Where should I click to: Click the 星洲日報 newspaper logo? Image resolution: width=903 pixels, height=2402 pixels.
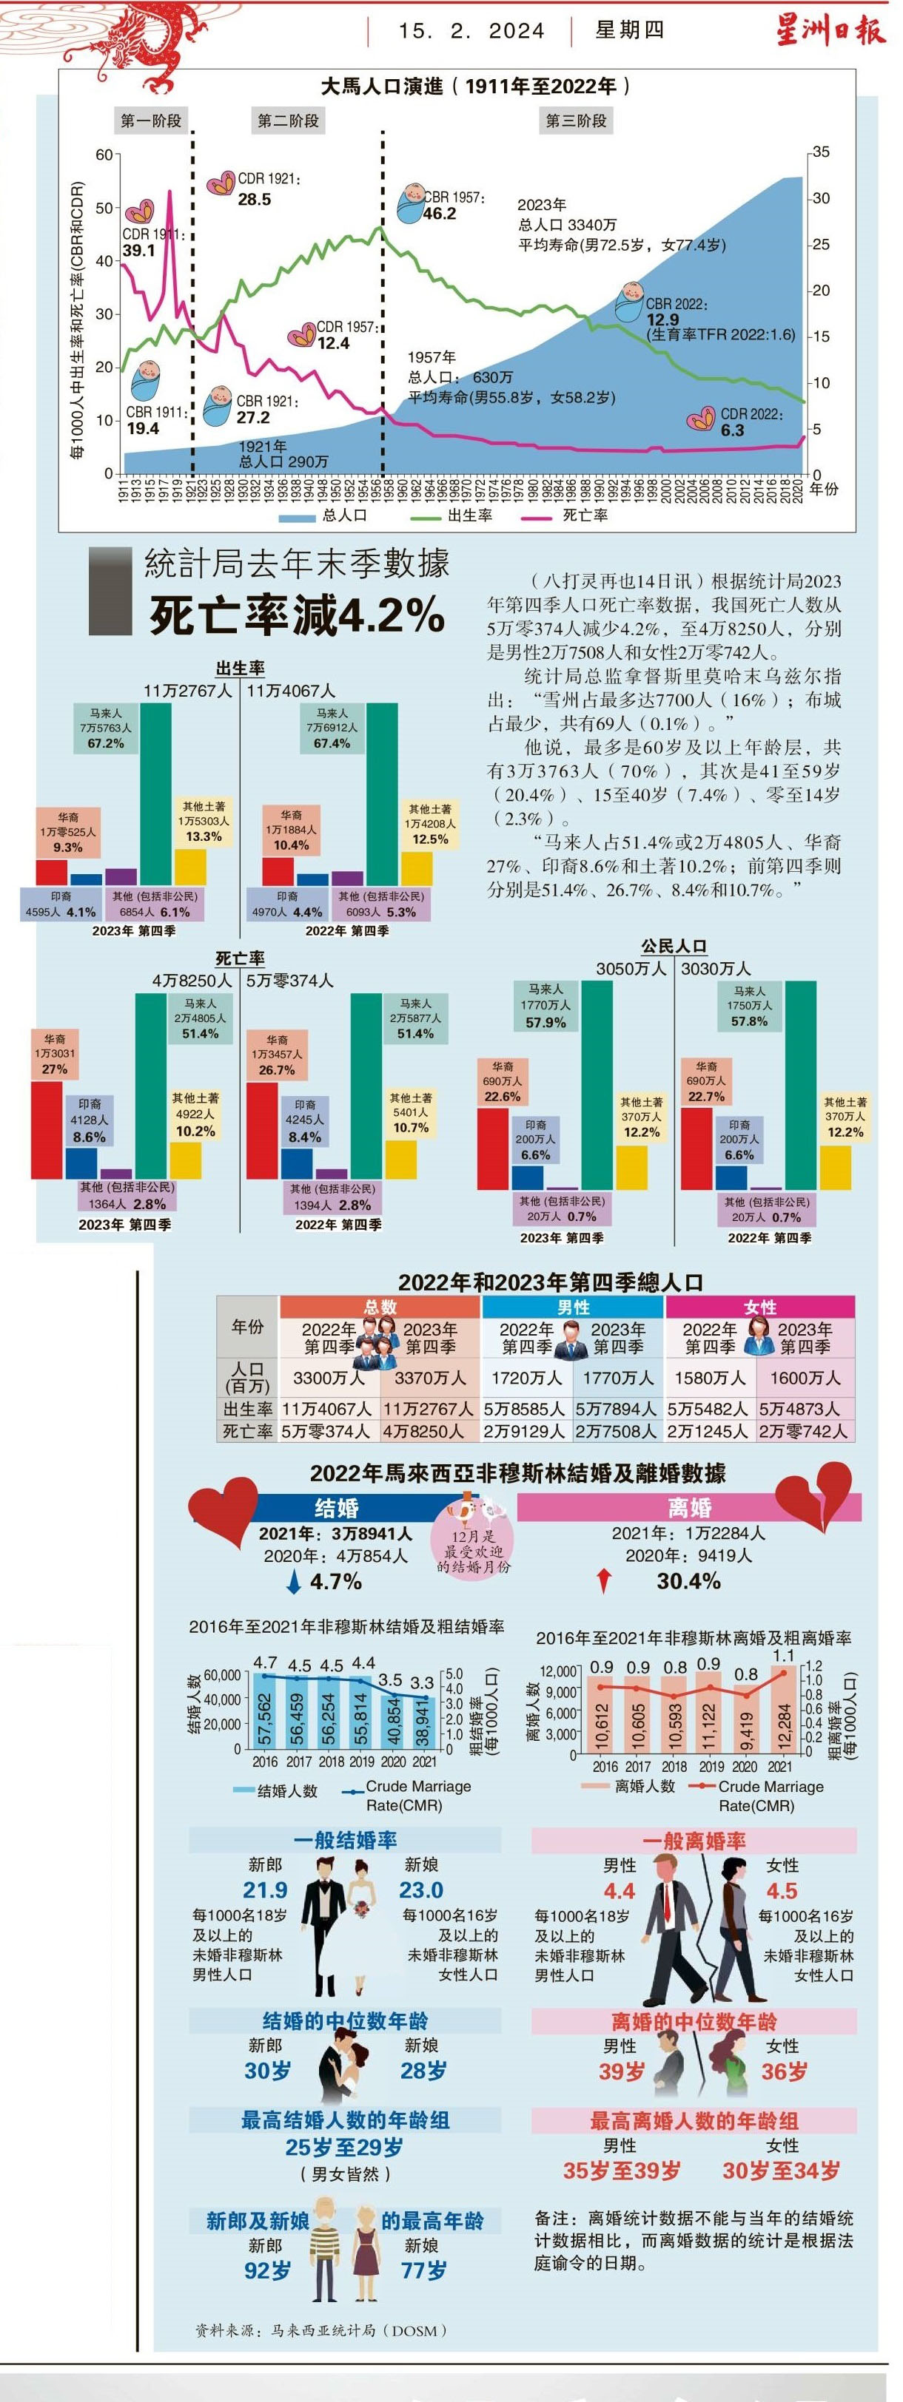829,31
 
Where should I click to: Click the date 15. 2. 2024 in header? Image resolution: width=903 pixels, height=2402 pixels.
471,31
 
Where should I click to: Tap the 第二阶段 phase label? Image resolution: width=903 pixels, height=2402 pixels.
288,121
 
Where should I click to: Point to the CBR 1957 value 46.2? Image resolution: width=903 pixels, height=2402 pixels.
440,214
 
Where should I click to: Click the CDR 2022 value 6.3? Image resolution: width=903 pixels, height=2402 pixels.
732,430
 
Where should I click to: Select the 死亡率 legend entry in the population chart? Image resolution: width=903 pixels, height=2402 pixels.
585,515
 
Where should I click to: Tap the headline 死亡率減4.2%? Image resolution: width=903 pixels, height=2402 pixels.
297,615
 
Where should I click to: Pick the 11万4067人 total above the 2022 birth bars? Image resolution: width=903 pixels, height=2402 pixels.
291,691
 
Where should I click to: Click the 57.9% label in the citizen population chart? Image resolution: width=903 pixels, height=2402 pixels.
546,1022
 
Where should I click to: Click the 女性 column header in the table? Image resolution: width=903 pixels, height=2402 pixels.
760,1307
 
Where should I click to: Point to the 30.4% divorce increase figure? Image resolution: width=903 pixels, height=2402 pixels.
688,1581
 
